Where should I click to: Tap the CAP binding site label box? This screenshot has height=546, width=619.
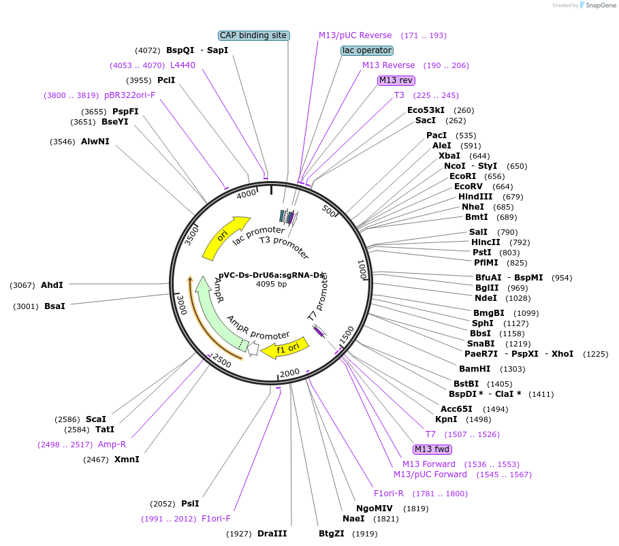254,35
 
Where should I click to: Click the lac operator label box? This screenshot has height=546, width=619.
367,50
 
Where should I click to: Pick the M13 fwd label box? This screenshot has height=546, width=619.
432,449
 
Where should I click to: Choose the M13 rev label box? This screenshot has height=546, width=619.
396,80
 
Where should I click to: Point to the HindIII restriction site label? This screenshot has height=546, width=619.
475,197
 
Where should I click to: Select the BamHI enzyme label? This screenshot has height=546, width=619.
475,369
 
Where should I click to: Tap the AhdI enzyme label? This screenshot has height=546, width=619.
52,285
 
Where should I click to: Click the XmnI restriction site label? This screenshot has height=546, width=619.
127,460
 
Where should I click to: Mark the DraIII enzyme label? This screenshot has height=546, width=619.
272,534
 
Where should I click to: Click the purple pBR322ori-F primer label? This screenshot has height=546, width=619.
130,95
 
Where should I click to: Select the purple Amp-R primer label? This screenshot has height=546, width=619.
112,445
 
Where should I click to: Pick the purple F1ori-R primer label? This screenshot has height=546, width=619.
389,494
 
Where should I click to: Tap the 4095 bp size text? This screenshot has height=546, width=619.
272,284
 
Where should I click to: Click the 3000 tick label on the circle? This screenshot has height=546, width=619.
180,307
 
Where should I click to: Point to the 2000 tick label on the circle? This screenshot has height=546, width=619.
290,372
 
